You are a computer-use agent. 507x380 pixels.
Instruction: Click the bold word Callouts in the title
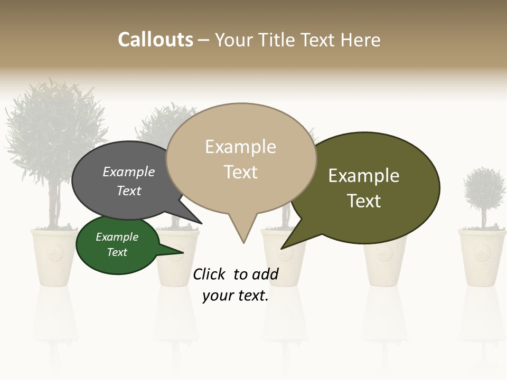click(x=155, y=40)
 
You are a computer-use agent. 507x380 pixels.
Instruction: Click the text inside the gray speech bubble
click(x=129, y=181)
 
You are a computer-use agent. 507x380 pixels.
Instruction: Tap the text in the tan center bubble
click(x=241, y=159)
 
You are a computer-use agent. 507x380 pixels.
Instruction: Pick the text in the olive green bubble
click(x=364, y=188)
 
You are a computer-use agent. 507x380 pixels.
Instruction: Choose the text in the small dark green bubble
click(x=117, y=245)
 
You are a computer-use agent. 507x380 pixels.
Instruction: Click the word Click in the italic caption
click(x=210, y=274)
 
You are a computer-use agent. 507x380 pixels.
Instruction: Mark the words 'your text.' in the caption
click(x=236, y=296)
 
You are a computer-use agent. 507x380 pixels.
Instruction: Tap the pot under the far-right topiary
click(x=482, y=256)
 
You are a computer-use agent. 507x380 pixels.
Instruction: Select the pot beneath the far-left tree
click(x=55, y=256)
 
